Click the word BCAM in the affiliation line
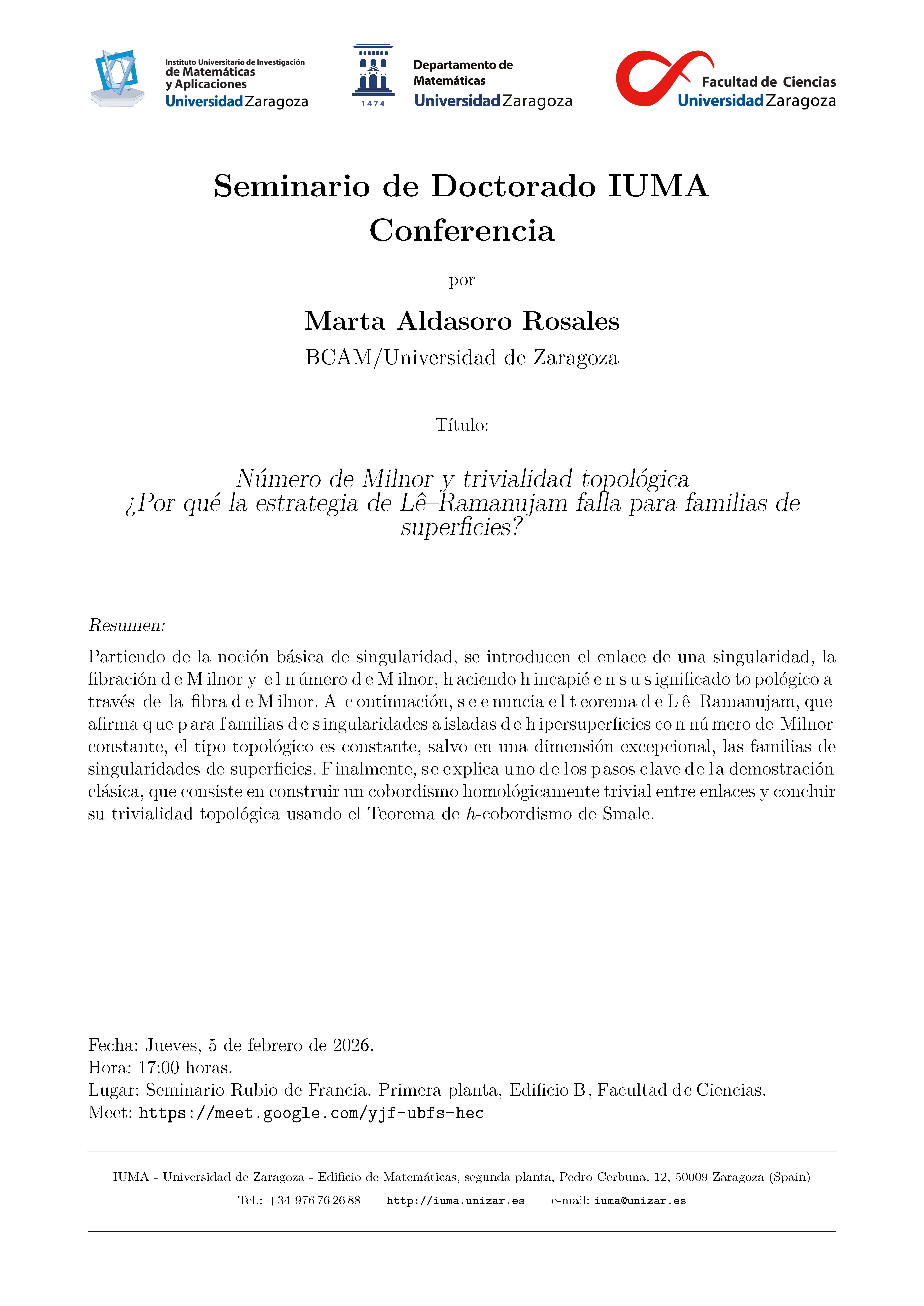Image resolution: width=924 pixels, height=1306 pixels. click(x=338, y=358)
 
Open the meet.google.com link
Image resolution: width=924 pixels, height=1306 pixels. click(x=311, y=1113)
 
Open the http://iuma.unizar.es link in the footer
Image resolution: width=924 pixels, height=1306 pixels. click(x=455, y=1201)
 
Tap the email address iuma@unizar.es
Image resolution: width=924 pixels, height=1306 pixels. click(x=640, y=1201)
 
